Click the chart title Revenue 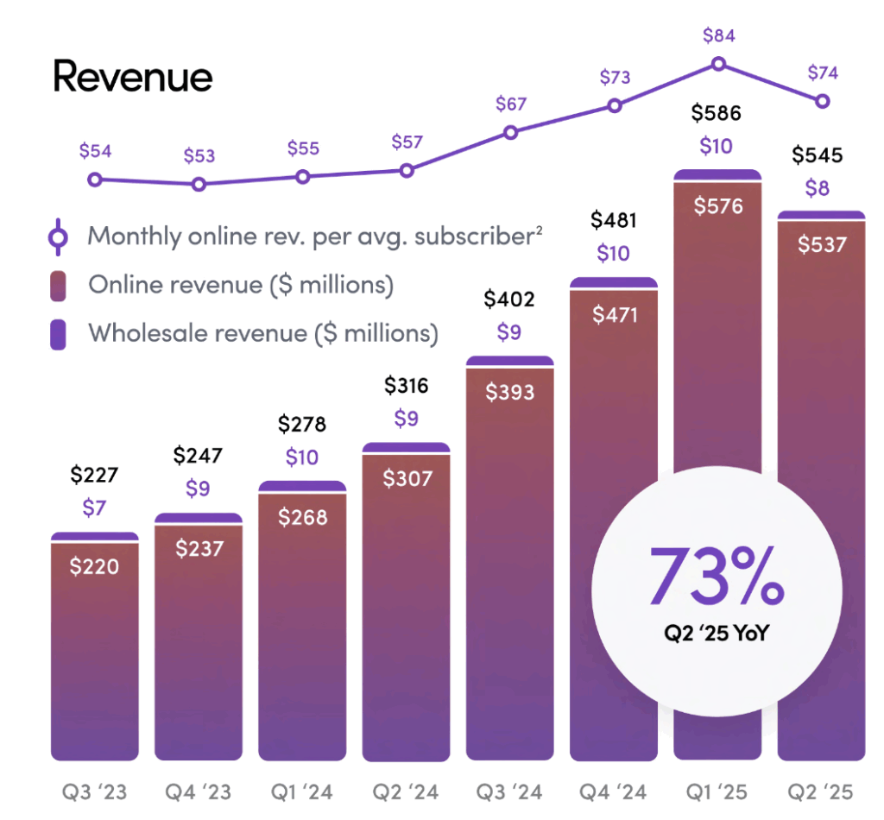[x=133, y=78]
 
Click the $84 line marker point [x=718, y=64]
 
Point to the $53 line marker [x=199, y=184]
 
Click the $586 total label [x=717, y=113]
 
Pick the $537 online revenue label [x=821, y=244]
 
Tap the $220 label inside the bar [x=94, y=566]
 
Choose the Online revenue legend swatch [x=58, y=285]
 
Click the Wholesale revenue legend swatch [x=58, y=333]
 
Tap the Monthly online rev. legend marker [x=58, y=237]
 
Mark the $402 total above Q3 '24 [x=509, y=300]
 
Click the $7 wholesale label [x=94, y=508]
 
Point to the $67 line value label [x=511, y=104]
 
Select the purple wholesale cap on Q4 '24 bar [x=614, y=282]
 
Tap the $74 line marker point [x=823, y=101]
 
